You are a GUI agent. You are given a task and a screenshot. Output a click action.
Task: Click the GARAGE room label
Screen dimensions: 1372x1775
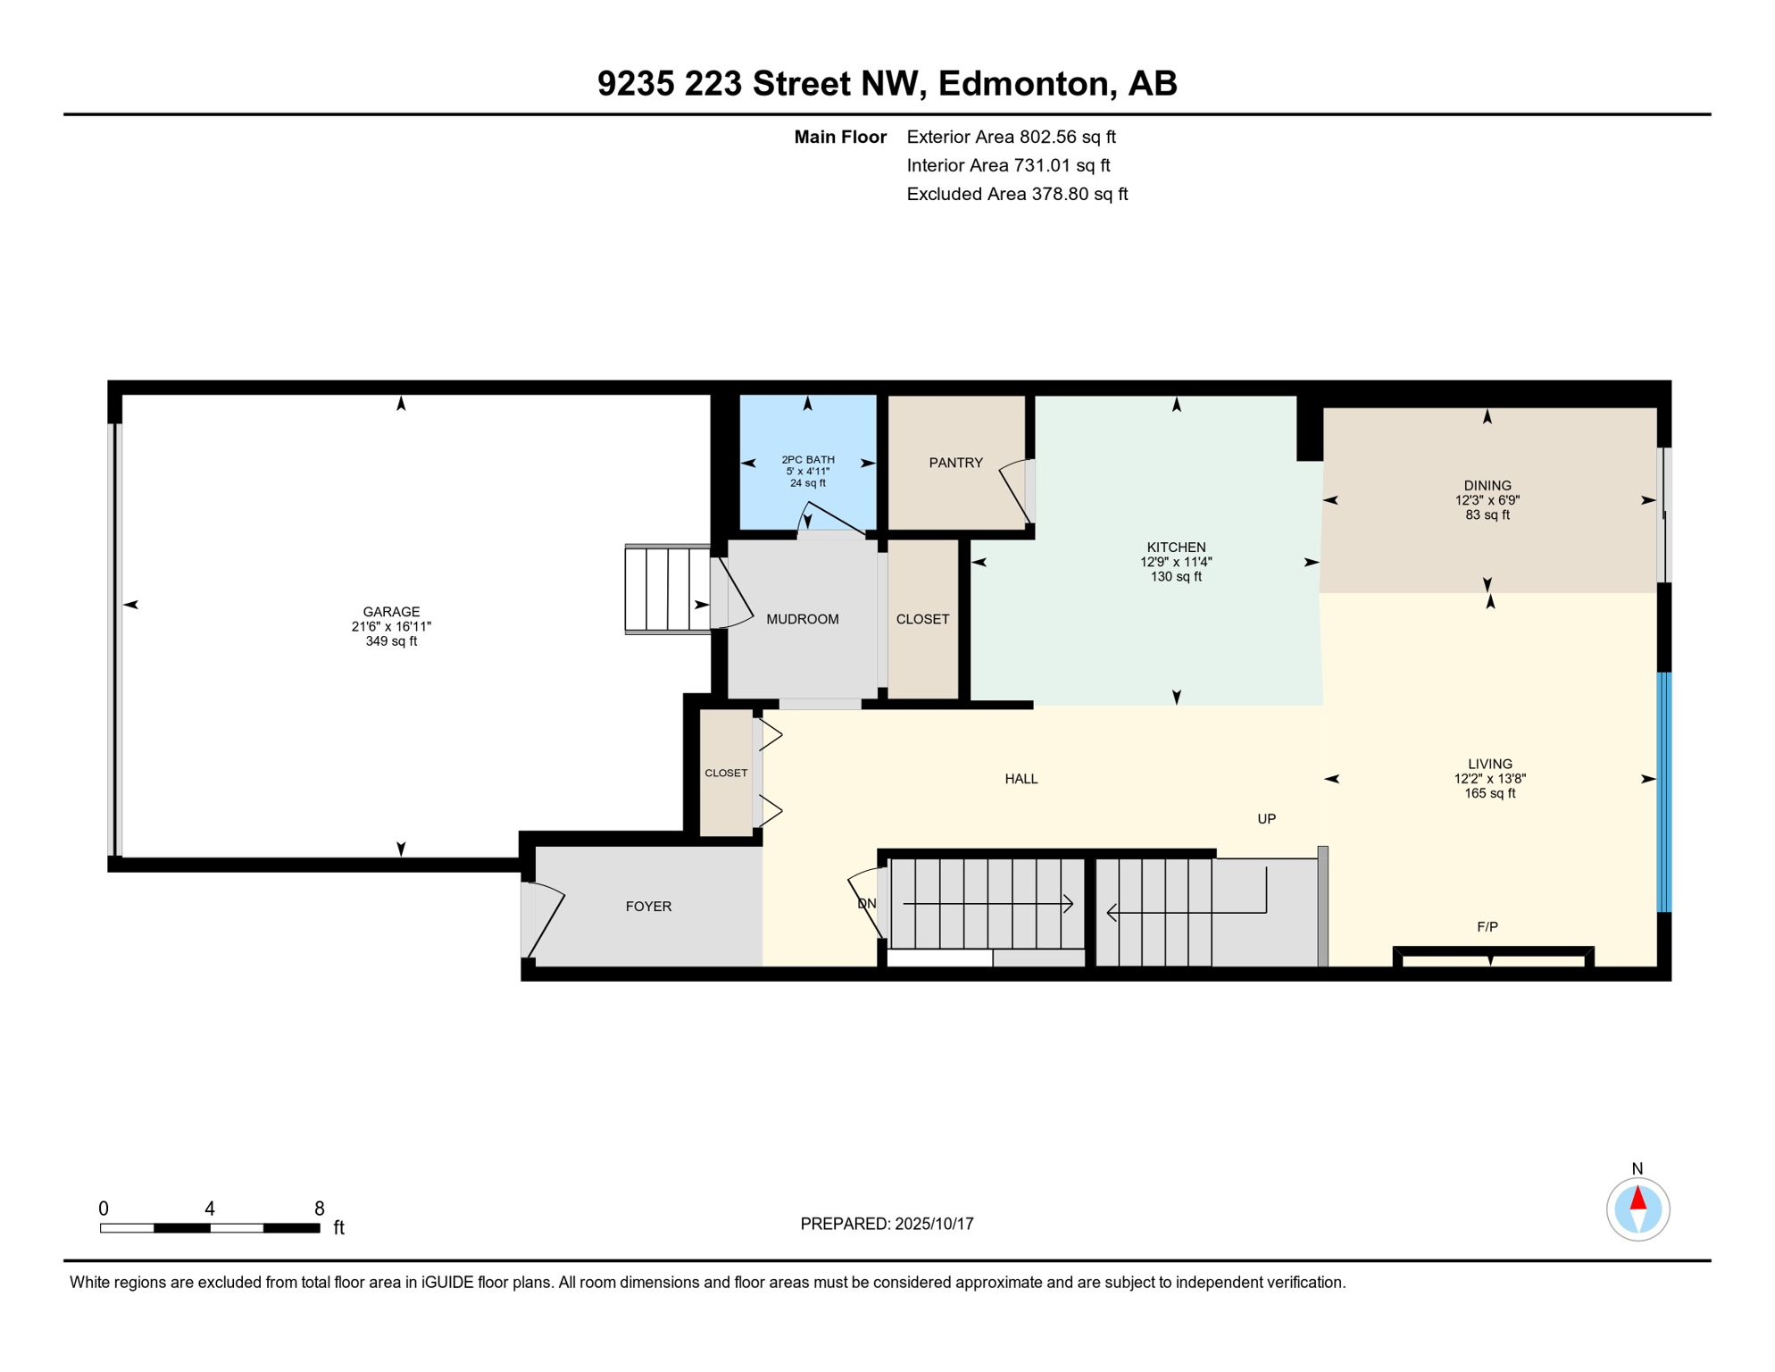pyautogui.click(x=391, y=612)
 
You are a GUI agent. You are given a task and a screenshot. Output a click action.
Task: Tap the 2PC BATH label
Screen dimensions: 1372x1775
pyautogui.click(x=808, y=459)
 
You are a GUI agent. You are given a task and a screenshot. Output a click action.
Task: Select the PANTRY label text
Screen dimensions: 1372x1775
pyautogui.click(x=955, y=463)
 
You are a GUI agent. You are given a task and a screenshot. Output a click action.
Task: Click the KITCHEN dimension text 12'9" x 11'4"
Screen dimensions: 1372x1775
pyautogui.click(x=1176, y=562)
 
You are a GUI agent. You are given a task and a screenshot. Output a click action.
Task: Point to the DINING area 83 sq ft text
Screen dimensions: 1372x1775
pyautogui.click(x=1487, y=515)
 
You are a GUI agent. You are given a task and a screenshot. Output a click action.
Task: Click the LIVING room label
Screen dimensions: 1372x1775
pyautogui.click(x=1489, y=764)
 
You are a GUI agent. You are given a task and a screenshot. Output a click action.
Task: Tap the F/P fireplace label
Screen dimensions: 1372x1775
pyautogui.click(x=1487, y=927)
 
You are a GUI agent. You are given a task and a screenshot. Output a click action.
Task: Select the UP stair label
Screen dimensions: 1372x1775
pyautogui.click(x=1266, y=819)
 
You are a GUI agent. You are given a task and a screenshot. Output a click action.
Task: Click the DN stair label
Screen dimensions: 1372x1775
pyautogui.click(x=866, y=904)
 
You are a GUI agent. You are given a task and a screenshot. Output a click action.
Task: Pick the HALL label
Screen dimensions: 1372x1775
pyautogui.click(x=1021, y=779)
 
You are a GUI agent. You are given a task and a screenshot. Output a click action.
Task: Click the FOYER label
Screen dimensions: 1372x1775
pyautogui.click(x=648, y=907)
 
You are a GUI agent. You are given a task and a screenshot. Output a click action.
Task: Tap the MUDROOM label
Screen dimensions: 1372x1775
pyautogui.click(x=803, y=619)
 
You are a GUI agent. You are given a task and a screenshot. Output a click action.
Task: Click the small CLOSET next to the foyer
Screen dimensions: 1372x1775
pyautogui.click(x=726, y=774)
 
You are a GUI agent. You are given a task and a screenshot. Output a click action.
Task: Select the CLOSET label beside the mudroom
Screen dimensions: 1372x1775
pyautogui.click(x=922, y=619)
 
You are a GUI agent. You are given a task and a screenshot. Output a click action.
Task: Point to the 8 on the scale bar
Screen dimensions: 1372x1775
pyautogui.click(x=320, y=1209)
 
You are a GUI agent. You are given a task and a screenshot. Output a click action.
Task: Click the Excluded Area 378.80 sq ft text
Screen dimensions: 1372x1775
pyautogui.click(x=1017, y=194)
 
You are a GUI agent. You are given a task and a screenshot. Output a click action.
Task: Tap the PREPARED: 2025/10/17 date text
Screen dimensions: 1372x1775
pyautogui.click(x=887, y=1224)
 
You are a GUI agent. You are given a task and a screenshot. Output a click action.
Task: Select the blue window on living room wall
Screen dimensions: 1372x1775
pyautogui.click(x=1664, y=792)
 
